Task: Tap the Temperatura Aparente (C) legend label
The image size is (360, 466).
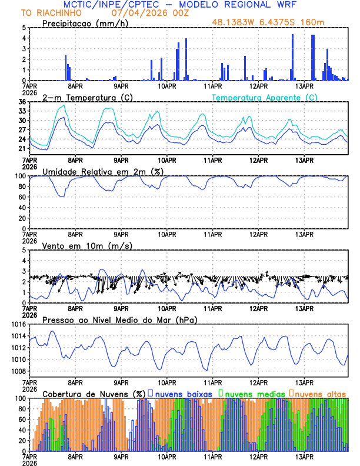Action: click(x=264, y=97)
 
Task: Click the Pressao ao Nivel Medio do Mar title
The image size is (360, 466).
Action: click(x=119, y=319)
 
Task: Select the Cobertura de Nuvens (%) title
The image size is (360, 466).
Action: click(x=94, y=394)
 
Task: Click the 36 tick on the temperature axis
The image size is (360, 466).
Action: click(x=22, y=102)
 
